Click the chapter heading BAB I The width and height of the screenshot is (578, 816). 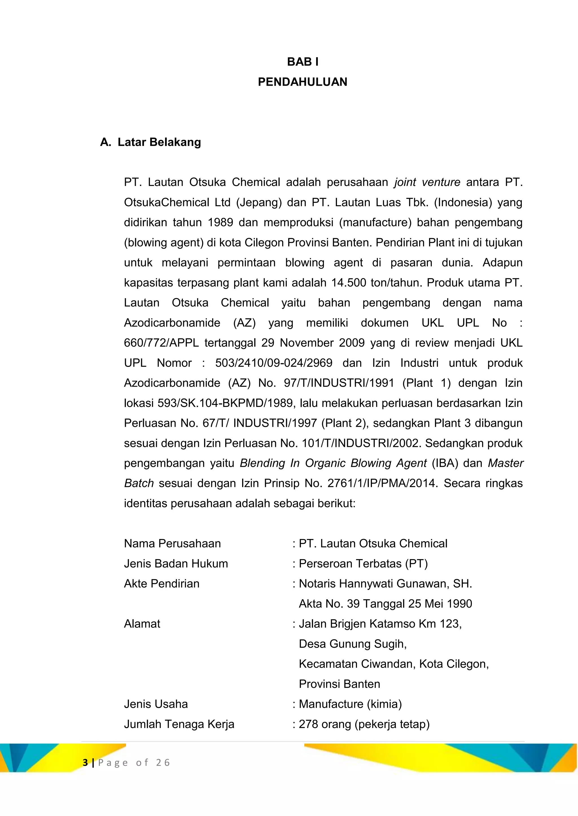(x=303, y=62)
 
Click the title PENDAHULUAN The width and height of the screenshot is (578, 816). (x=303, y=82)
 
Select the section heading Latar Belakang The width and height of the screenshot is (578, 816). (x=159, y=142)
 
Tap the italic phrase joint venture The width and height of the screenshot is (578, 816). (x=427, y=182)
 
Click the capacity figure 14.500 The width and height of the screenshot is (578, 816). (x=349, y=283)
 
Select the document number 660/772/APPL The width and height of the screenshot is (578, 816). (x=161, y=343)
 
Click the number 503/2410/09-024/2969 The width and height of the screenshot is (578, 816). (x=273, y=363)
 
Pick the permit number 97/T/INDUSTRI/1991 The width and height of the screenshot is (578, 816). (x=339, y=383)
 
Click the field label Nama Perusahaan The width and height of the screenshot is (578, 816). (x=172, y=544)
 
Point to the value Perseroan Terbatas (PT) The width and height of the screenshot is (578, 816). (x=363, y=564)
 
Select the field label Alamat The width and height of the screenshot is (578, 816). (x=142, y=624)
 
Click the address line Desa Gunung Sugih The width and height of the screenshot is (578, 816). (x=352, y=644)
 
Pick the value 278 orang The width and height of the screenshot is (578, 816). (x=325, y=724)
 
